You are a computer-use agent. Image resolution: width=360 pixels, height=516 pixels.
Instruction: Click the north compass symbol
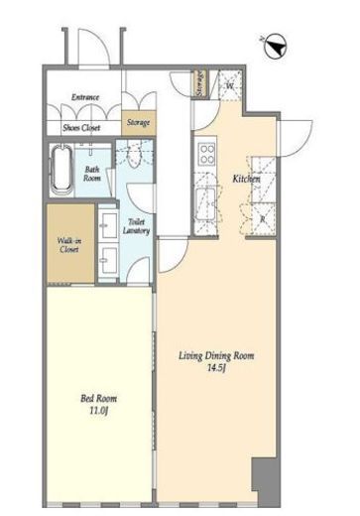click(276, 47)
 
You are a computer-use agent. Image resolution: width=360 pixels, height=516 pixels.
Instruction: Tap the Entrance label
click(85, 97)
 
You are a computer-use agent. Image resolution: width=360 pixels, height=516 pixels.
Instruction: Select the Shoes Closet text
click(81, 128)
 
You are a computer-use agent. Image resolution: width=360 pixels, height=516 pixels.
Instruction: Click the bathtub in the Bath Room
click(61, 171)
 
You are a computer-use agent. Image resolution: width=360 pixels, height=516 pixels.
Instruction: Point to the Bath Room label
click(92, 174)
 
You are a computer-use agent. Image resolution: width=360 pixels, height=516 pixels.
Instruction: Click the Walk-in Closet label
click(69, 245)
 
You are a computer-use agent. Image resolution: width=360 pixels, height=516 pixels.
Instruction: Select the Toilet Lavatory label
click(136, 226)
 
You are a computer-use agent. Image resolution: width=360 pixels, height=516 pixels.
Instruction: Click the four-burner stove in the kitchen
click(207, 154)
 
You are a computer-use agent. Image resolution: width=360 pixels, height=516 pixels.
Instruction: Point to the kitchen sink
click(205, 204)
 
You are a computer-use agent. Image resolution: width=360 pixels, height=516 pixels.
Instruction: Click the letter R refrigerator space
click(263, 219)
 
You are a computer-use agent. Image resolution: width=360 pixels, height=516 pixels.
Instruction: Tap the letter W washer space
click(230, 85)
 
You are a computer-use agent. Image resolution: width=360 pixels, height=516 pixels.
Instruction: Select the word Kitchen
click(247, 179)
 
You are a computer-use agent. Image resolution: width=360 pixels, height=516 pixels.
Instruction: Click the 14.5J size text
click(216, 368)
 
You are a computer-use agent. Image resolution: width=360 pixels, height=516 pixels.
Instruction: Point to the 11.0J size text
click(99, 411)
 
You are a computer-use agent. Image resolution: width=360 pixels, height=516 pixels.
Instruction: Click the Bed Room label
click(99, 399)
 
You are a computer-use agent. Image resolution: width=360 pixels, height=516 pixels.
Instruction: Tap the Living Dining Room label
click(216, 356)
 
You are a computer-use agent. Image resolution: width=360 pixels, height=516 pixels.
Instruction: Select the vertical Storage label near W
click(199, 83)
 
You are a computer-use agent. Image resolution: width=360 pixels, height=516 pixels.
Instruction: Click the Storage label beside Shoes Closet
click(139, 123)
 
